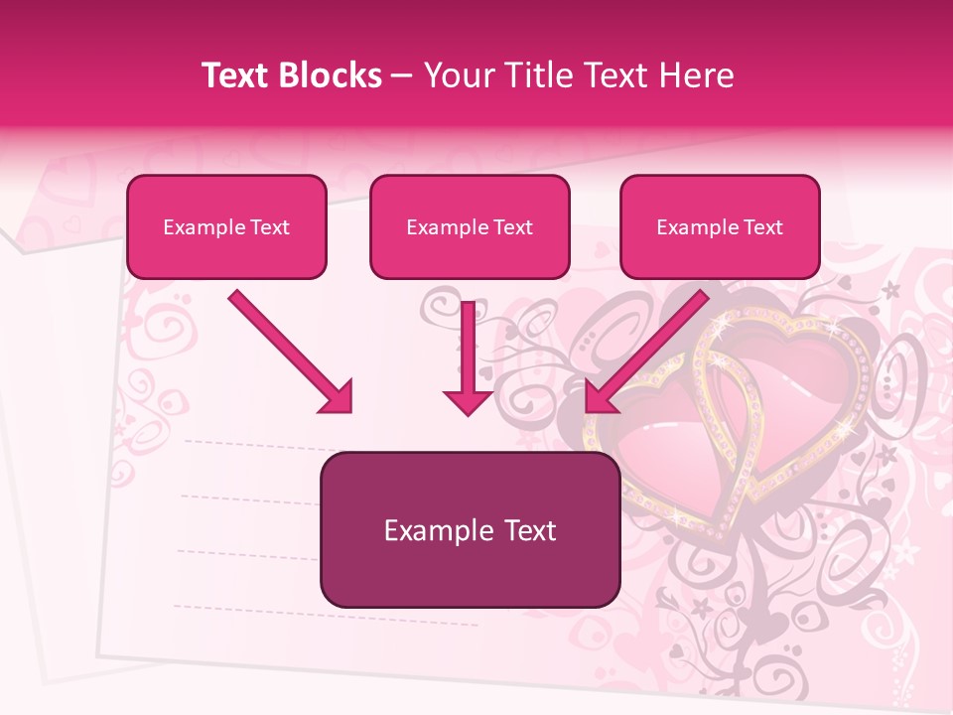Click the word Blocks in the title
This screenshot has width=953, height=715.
332,76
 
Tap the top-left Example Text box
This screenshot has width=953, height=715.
226,226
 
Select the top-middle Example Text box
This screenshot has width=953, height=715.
470,226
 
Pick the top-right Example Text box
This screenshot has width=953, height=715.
720,226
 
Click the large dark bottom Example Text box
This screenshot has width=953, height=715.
470,529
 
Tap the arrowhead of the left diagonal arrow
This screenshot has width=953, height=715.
338,397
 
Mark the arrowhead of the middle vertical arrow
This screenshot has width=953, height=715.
469,400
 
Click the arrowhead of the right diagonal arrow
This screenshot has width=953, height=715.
602,396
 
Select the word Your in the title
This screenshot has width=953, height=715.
457,76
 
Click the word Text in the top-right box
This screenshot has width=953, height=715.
763,227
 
